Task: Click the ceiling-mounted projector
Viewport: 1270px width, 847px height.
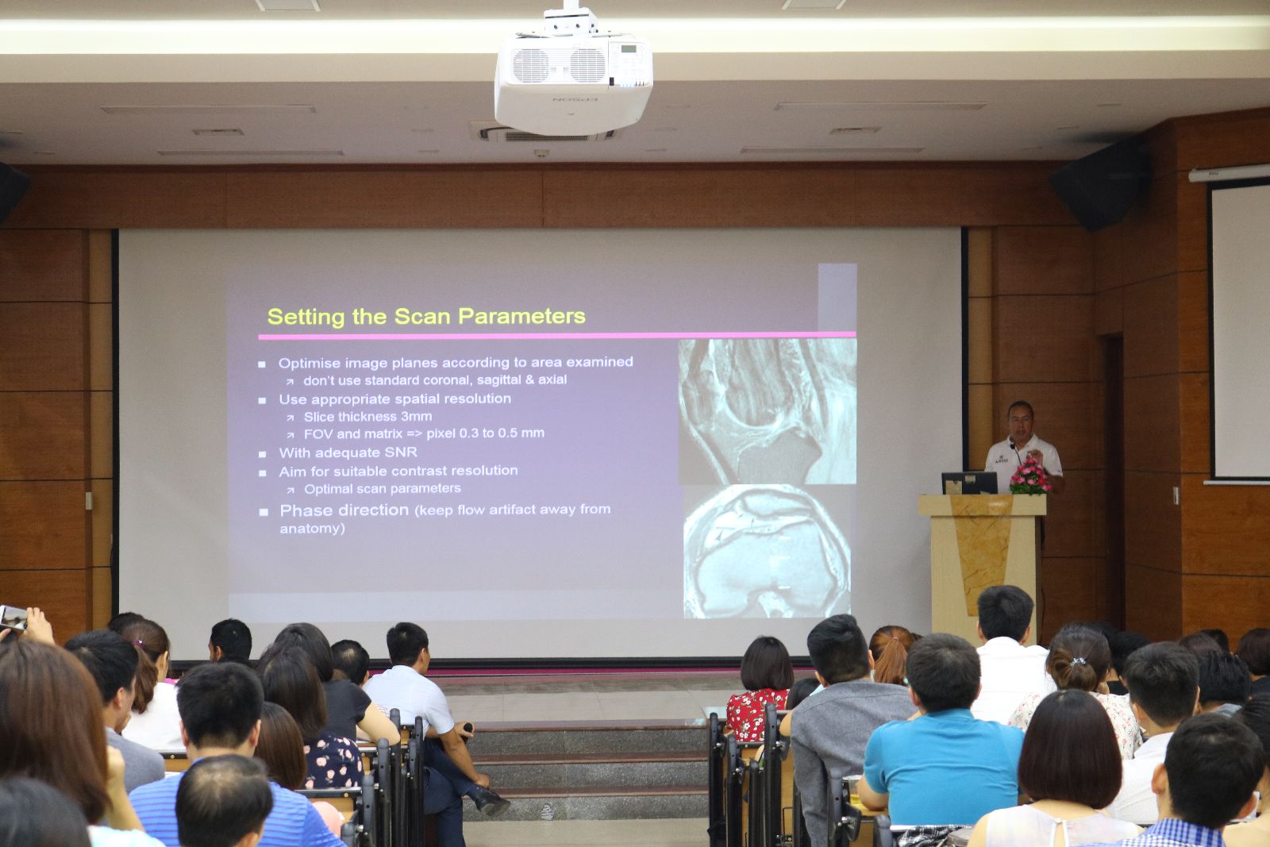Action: [x=573, y=74]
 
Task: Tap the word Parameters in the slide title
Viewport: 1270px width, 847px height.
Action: [x=521, y=317]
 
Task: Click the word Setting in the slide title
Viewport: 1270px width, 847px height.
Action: [x=306, y=317]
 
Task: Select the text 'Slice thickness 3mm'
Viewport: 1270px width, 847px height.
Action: [x=368, y=417]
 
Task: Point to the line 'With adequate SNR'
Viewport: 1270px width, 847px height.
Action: [x=348, y=452]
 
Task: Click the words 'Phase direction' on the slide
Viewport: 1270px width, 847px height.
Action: [x=344, y=510]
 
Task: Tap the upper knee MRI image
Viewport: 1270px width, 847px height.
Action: [x=767, y=411]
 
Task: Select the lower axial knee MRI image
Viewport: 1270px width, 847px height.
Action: [x=767, y=551]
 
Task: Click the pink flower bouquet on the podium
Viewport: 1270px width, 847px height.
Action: [x=1030, y=477]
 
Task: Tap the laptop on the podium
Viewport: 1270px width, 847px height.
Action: [x=969, y=483]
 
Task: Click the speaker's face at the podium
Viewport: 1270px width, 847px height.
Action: [x=1021, y=420]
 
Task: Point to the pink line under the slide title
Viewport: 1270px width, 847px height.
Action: [x=556, y=336]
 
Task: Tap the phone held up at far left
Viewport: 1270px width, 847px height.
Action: [x=13, y=618]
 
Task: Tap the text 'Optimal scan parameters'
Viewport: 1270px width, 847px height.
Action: [x=383, y=489]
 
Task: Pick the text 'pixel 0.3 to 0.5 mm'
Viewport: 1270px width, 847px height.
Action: [x=485, y=433]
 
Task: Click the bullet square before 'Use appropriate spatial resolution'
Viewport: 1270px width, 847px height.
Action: [x=262, y=400]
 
